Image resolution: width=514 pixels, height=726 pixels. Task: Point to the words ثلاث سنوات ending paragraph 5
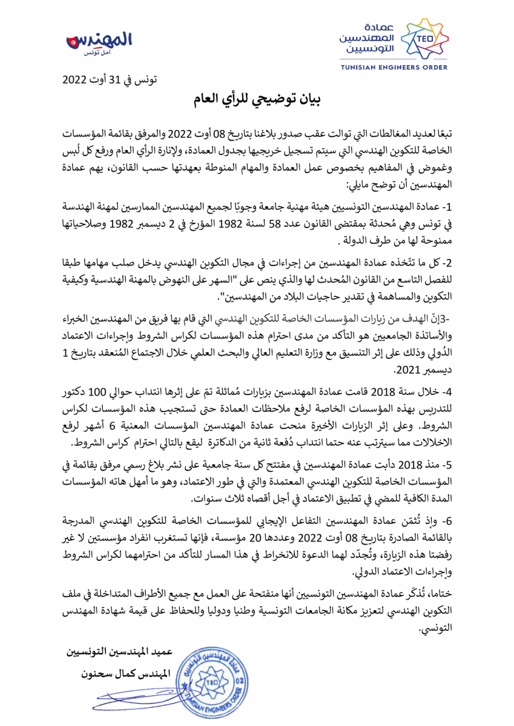[x=219, y=499]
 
